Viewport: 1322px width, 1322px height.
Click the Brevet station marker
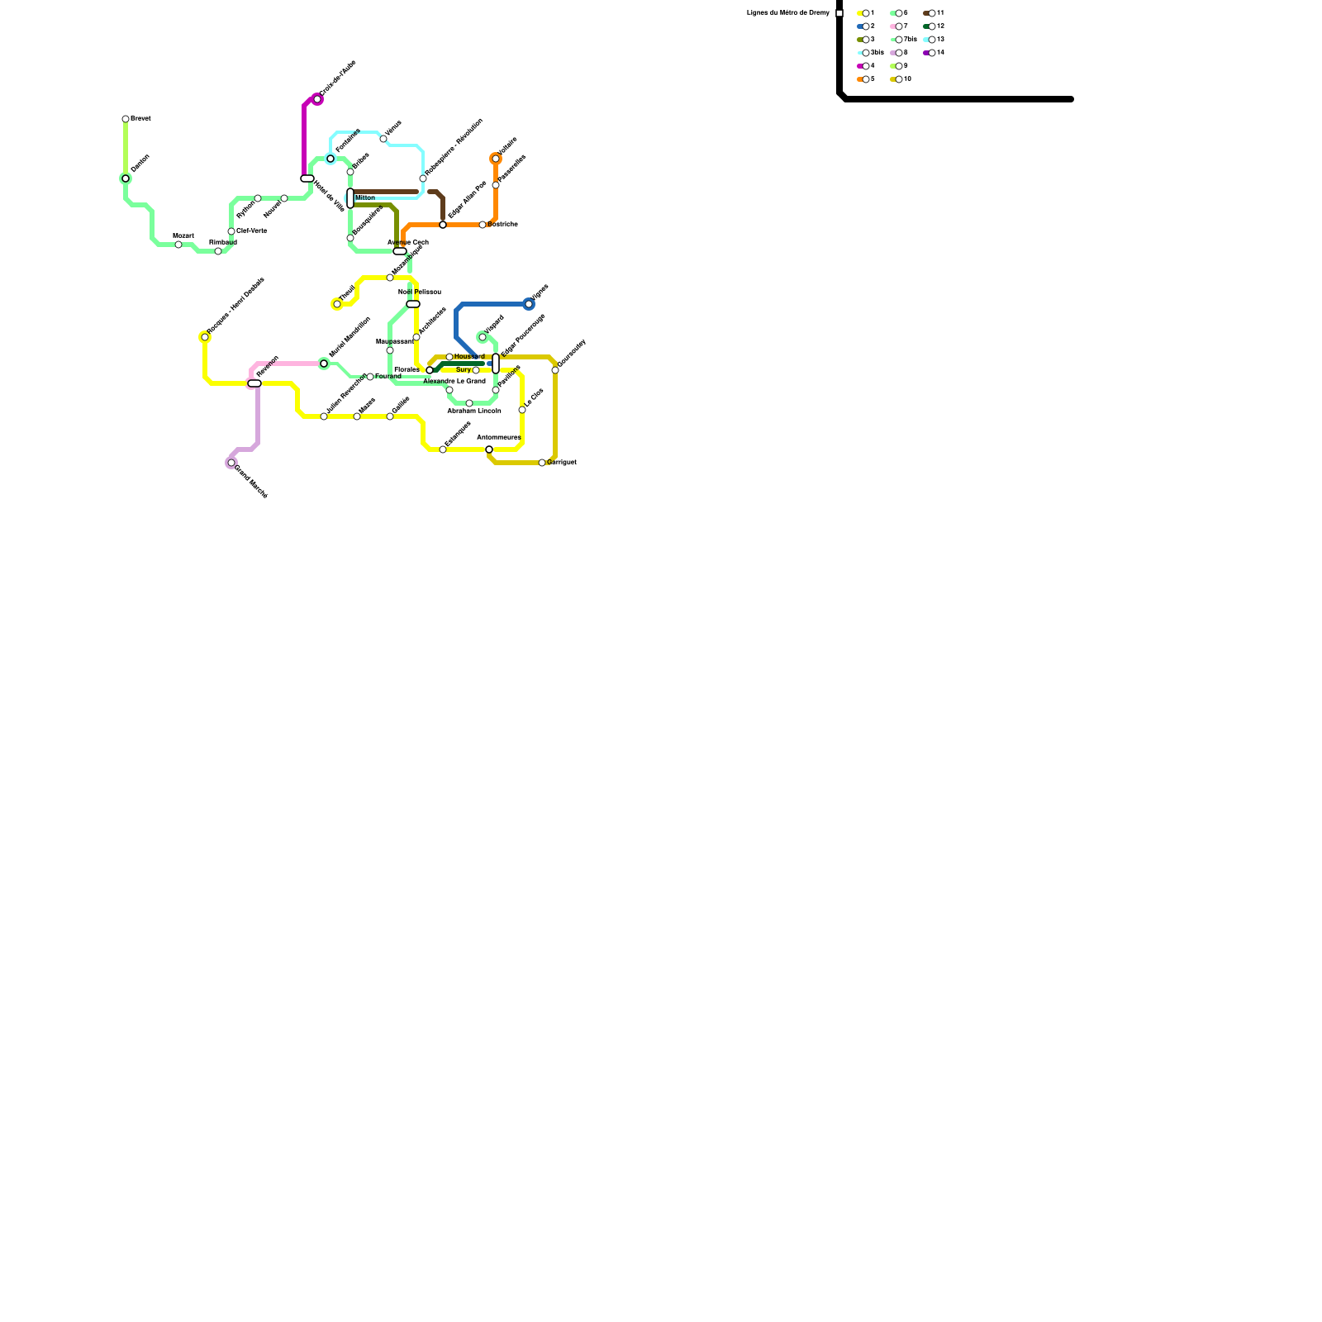point(126,119)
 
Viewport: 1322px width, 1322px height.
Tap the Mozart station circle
point(178,245)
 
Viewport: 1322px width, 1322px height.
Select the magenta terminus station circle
point(317,99)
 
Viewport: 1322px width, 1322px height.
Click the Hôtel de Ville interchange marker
point(307,178)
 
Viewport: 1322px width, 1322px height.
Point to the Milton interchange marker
point(350,198)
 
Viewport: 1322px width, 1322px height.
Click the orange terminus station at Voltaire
point(496,159)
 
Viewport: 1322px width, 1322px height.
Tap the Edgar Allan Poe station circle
point(443,225)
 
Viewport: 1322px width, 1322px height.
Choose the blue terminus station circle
point(529,304)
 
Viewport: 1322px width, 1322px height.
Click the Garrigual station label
point(562,463)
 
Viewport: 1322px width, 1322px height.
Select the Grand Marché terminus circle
point(231,463)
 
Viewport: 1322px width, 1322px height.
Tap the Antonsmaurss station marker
point(489,449)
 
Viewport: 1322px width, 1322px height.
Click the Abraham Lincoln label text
point(474,411)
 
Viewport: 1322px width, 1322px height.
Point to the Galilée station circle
point(390,416)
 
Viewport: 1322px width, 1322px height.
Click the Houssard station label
point(469,357)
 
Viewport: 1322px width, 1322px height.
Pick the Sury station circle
point(476,370)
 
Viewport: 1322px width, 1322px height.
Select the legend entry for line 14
point(934,53)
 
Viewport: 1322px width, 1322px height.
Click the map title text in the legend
point(787,13)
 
